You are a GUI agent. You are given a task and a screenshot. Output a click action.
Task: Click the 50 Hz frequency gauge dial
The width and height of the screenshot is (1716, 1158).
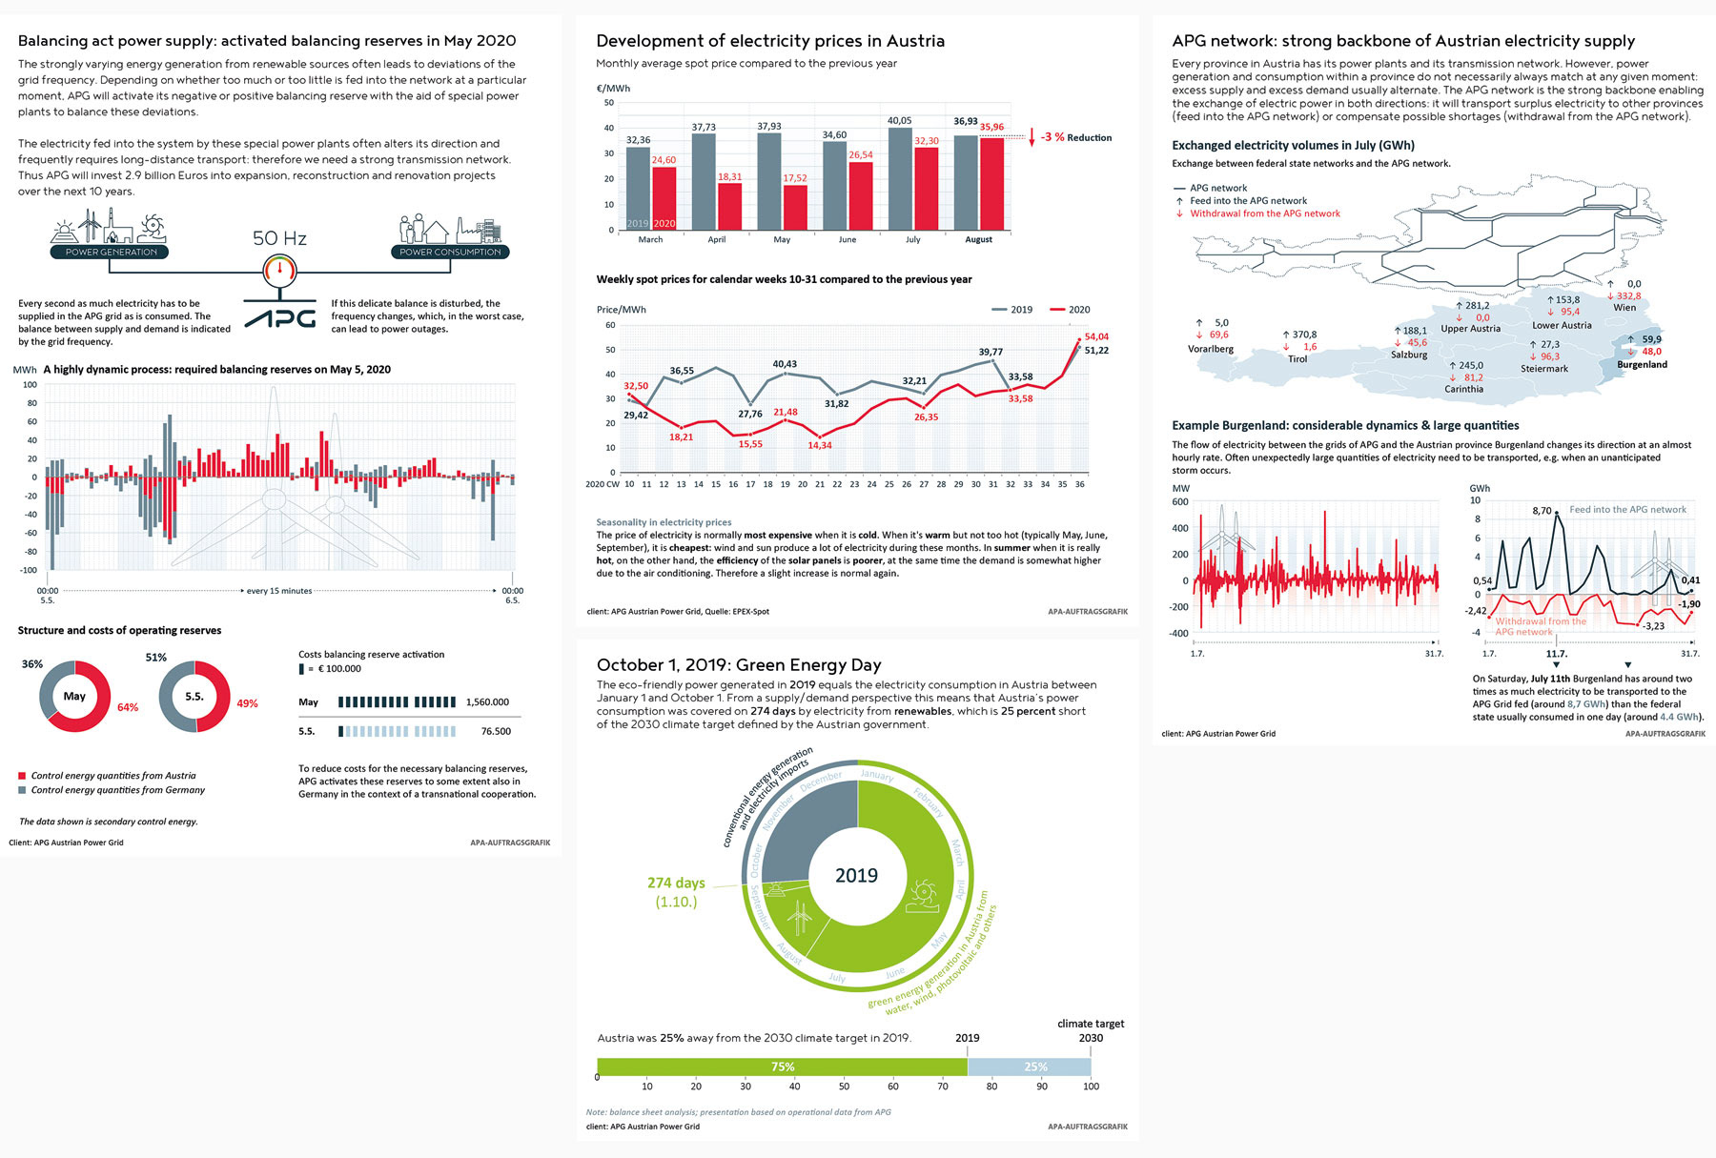pos(279,271)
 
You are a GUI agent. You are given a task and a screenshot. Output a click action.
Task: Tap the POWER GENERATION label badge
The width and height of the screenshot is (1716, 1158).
pos(111,252)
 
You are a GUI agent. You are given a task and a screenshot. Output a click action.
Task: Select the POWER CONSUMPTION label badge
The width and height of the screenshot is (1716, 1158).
pos(450,252)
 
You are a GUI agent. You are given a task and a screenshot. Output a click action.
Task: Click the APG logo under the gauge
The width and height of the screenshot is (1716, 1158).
pos(280,316)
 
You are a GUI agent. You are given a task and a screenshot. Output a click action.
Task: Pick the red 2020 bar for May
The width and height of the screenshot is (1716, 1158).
pos(795,208)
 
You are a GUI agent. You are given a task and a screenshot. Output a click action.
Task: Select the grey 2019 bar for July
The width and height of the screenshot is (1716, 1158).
pos(899,179)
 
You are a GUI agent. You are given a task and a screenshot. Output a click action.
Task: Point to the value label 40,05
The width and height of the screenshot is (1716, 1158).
pos(899,121)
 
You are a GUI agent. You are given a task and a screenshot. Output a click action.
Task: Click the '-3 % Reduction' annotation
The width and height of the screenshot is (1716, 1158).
pos(1075,137)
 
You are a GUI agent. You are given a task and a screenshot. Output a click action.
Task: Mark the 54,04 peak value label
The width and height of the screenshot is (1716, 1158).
pos(1096,336)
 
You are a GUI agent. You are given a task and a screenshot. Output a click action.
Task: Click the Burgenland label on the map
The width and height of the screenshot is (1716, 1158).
pos(1642,364)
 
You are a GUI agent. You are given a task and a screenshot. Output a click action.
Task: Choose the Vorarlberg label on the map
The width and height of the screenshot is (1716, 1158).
pos(1210,349)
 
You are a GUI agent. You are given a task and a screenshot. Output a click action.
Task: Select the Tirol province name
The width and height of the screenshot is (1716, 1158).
pos(1297,359)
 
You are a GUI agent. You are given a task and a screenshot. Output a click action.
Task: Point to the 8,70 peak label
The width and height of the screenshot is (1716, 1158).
pos(1542,511)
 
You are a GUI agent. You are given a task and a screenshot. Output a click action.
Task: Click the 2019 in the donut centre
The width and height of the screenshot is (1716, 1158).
pos(856,875)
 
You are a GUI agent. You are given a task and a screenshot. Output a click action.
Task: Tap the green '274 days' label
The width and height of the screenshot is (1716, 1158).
pos(676,884)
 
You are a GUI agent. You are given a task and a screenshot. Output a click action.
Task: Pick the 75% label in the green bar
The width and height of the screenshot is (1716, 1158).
pos(782,1067)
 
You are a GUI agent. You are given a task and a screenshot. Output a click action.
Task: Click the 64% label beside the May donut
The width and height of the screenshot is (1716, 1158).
pos(128,707)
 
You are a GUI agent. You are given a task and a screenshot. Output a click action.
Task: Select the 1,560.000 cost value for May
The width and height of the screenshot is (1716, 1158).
pos(487,702)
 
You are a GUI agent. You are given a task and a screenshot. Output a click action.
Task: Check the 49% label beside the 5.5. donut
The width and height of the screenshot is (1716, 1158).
pos(247,703)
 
